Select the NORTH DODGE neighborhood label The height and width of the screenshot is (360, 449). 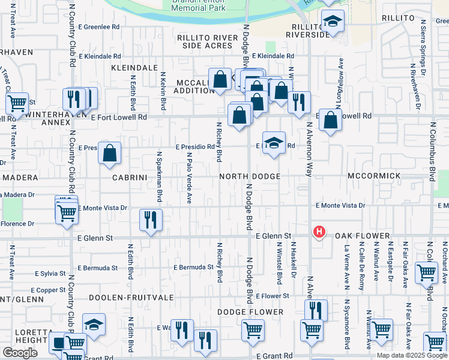[250, 176]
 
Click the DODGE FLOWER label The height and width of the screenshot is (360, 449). [250, 312]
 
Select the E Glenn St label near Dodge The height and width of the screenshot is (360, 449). [273, 236]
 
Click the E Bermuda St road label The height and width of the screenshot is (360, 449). [193, 266]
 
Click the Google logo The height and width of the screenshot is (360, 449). [20, 352]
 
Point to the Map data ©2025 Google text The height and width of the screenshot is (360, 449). [411, 355]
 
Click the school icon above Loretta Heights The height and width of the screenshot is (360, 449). [94, 325]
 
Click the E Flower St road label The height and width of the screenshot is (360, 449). [273, 296]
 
